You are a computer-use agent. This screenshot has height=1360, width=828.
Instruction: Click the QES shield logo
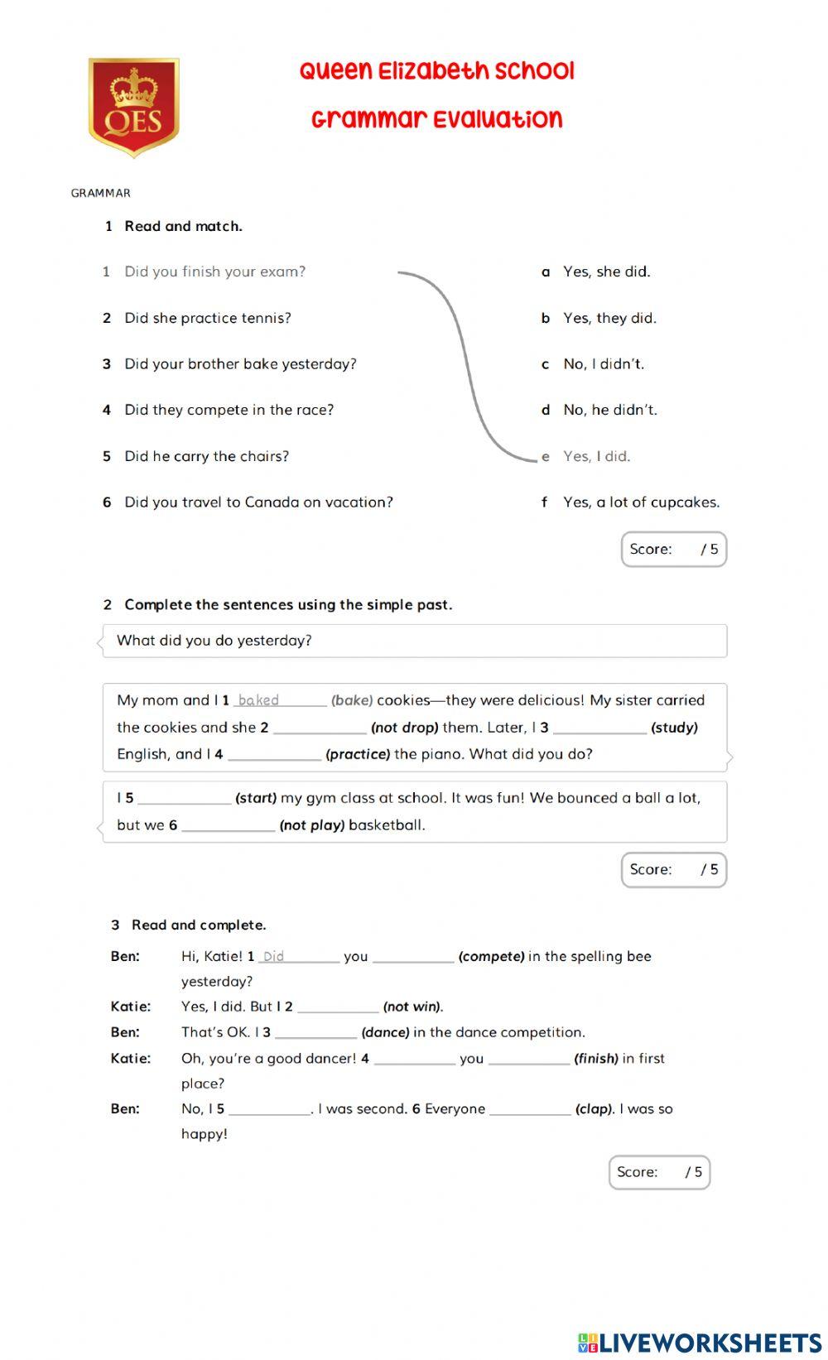tap(134, 107)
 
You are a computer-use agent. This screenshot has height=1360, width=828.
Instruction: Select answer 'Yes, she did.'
tap(606, 272)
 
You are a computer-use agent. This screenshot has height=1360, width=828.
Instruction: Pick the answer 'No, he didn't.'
tap(609, 410)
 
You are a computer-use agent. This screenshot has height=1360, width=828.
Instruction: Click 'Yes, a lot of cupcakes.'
tap(641, 502)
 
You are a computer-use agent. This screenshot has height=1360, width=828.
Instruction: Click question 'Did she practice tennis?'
tap(207, 318)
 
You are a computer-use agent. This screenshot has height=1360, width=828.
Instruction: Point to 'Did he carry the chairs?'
tap(206, 456)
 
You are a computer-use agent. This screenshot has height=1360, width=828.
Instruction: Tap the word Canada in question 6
tap(271, 502)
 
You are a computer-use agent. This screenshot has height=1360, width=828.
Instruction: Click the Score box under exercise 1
tap(673, 550)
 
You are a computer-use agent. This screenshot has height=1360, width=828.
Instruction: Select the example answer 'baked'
tap(258, 700)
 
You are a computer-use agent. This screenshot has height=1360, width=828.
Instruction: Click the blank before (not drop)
tap(320, 728)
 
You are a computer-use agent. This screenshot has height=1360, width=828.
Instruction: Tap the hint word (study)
tap(674, 728)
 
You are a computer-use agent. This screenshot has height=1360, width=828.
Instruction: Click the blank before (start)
tap(185, 798)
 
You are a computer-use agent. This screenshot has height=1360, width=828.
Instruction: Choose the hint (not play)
tap(312, 825)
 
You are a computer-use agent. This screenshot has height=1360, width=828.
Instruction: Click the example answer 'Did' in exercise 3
tap(273, 956)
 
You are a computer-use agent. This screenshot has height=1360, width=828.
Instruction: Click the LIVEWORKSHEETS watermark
tap(700, 1342)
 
